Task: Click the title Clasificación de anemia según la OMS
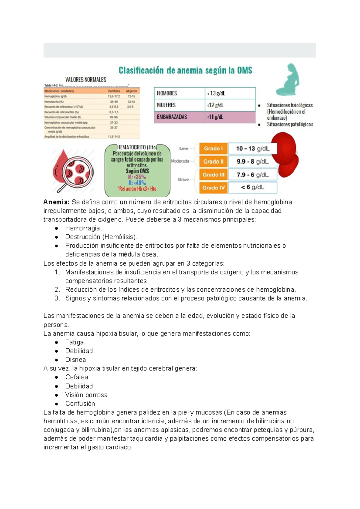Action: click(x=185, y=70)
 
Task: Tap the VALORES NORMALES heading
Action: click(x=86, y=80)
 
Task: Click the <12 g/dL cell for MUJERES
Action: click(x=230, y=105)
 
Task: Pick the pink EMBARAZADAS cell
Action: click(x=179, y=117)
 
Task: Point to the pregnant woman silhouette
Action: click(x=288, y=79)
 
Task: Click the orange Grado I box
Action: click(x=213, y=148)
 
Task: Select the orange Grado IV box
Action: click(x=213, y=188)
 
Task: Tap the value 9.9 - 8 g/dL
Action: click(x=252, y=162)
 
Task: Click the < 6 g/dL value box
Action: click(x=252, y=187)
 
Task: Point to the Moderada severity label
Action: click(x=180, y=161)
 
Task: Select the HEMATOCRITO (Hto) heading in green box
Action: click(x=137, y=147)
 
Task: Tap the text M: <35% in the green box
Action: click(x=137, y=177)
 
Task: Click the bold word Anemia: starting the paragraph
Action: click(x=56, y=202)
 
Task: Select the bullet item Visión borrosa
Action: click(x=86, y=395)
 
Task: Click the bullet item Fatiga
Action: click(x=74, y=342)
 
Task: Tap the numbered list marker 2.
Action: click(x=57, y=290)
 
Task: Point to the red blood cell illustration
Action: click(x=285, y=154)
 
